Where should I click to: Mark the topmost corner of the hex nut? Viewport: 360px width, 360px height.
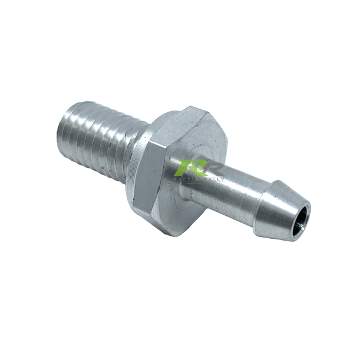coord(191,107)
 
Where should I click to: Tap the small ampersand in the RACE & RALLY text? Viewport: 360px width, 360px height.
coord(202,179)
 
